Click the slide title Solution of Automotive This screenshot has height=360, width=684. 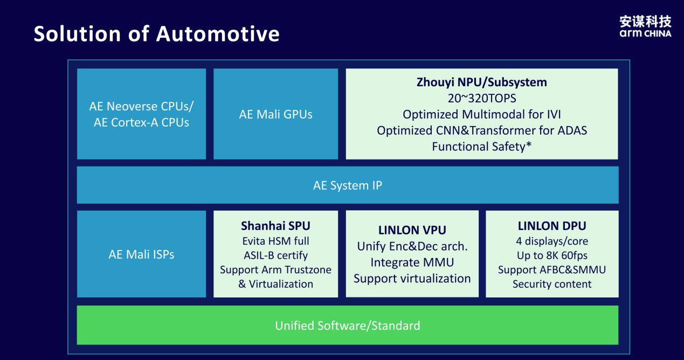coord(156,34)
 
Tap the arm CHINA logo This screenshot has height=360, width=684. coord(645,26)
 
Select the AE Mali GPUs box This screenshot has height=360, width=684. coord(275,114)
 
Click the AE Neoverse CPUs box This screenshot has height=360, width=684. coord(141,114)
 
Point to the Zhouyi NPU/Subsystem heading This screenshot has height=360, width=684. coord(481,82)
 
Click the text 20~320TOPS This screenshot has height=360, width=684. coord(481,98)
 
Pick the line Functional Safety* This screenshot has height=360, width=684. coord(481,146)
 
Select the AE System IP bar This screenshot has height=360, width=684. coord(348,185)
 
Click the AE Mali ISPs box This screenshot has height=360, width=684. coord(141,254)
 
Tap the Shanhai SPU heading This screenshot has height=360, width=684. coord(275,226)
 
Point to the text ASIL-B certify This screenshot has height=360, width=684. coord(275,255)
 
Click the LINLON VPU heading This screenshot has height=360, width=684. coord(412,230)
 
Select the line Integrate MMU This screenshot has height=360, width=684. coord(412,262)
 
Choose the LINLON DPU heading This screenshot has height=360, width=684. coord(551,226)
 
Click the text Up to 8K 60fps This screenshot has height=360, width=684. coord(551,255)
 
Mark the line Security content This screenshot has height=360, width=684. coord(551,284)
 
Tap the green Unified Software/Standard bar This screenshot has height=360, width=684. coord(348,326)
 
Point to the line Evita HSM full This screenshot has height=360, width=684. coord(275,241)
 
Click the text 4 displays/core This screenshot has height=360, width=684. coord(551,241)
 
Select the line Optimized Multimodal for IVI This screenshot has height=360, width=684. coord(481,114)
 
